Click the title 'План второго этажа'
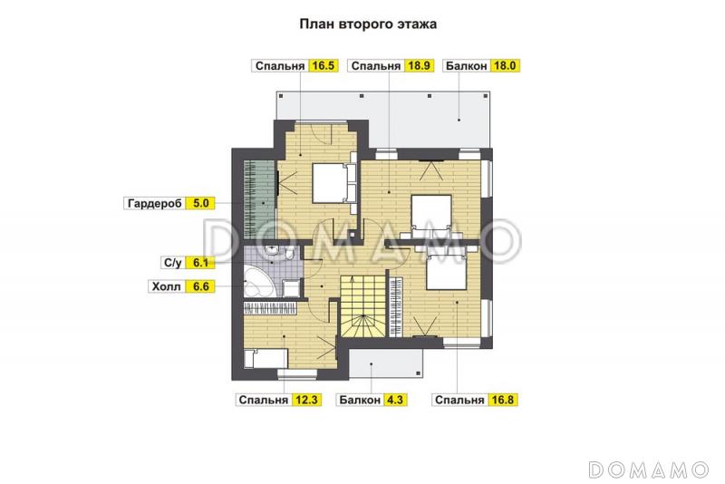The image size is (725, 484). click(368, 24)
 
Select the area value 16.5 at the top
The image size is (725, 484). click(323, 65)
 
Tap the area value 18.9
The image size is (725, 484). click(420, 65)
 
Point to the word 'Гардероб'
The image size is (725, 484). click(153, 204)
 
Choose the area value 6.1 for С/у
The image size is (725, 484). click(201, 264)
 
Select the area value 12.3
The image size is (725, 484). click(304, 399)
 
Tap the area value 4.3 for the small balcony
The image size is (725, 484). click(394, 399)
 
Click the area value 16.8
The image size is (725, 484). click(502, 399)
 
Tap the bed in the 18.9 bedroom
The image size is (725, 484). click(434, 214)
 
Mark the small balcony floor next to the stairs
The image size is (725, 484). click(386, 364)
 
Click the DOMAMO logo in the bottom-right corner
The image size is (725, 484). click(648, 469)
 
